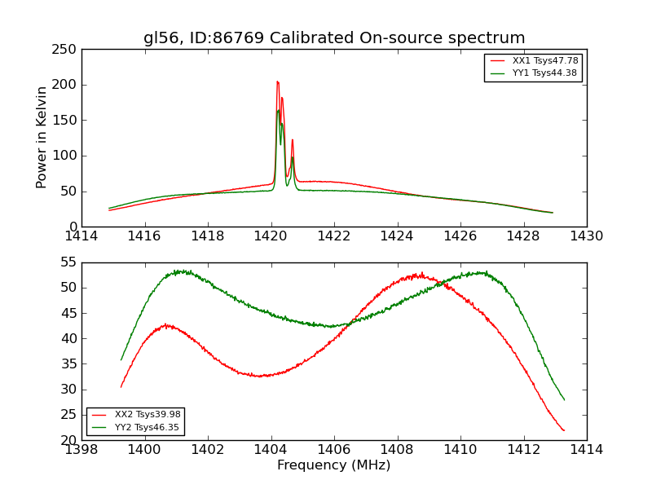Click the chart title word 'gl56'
point(161,38)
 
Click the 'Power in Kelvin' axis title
point(42,138)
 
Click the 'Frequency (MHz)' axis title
point(333,465)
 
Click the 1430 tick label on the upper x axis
point(586,236)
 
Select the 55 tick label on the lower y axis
point(68,262)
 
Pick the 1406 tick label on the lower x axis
point(333,450)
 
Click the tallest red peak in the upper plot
point(277,81)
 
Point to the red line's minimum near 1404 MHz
point(258,376)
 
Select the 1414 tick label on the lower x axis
point(586,450)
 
